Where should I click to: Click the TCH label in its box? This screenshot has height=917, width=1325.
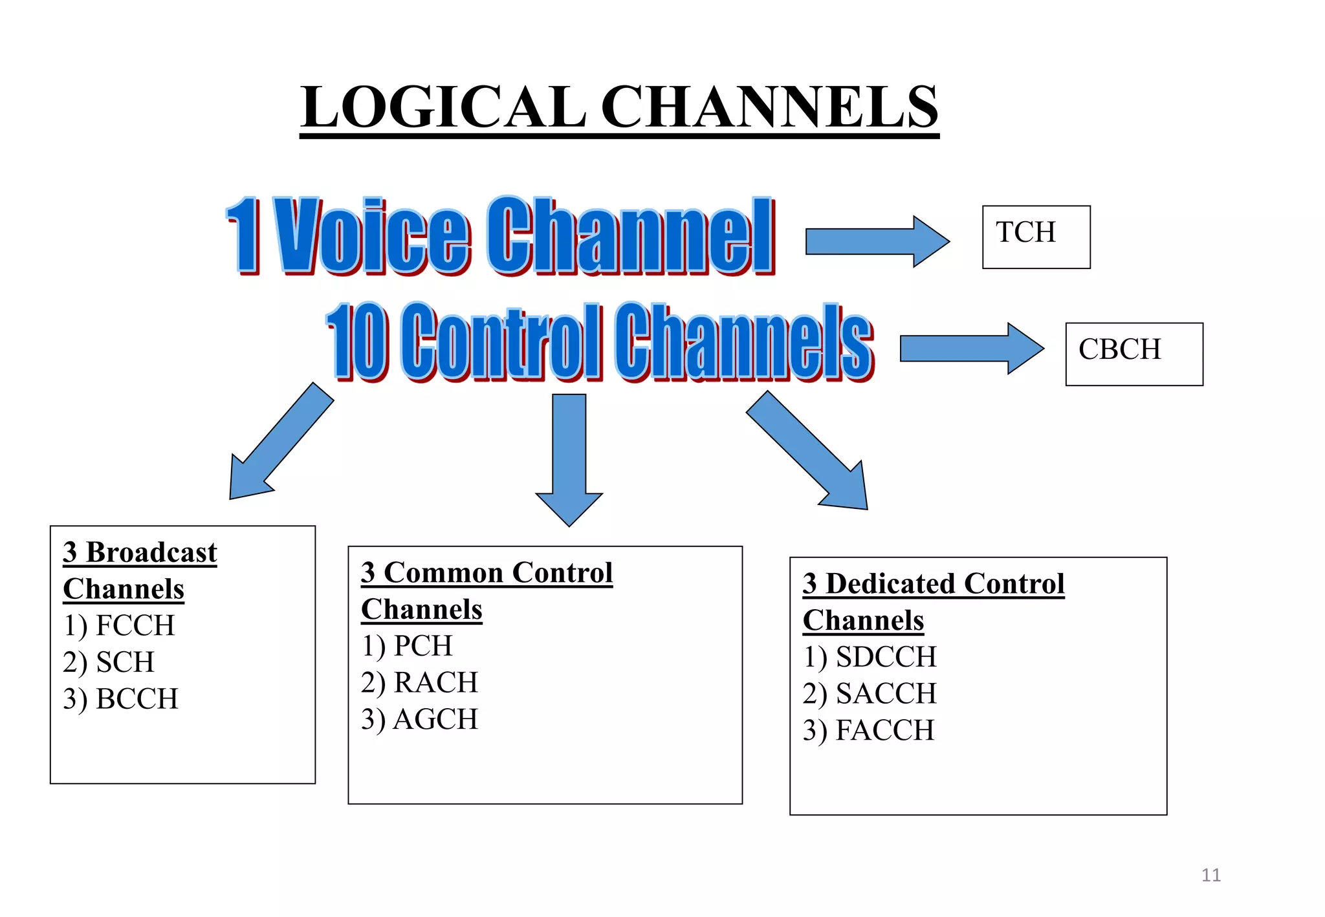(1025, 232)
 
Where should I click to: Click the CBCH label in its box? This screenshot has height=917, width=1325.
(1119, 350)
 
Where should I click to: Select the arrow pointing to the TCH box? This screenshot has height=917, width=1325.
(876, 241)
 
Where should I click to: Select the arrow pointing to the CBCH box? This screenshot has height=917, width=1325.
(970, 349)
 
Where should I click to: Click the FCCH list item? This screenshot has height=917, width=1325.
(119, 626)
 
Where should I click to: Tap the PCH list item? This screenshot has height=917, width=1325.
(407, 646)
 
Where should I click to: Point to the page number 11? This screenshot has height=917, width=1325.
(1210, 876)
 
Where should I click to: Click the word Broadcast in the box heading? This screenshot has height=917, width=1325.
(151, 553)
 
